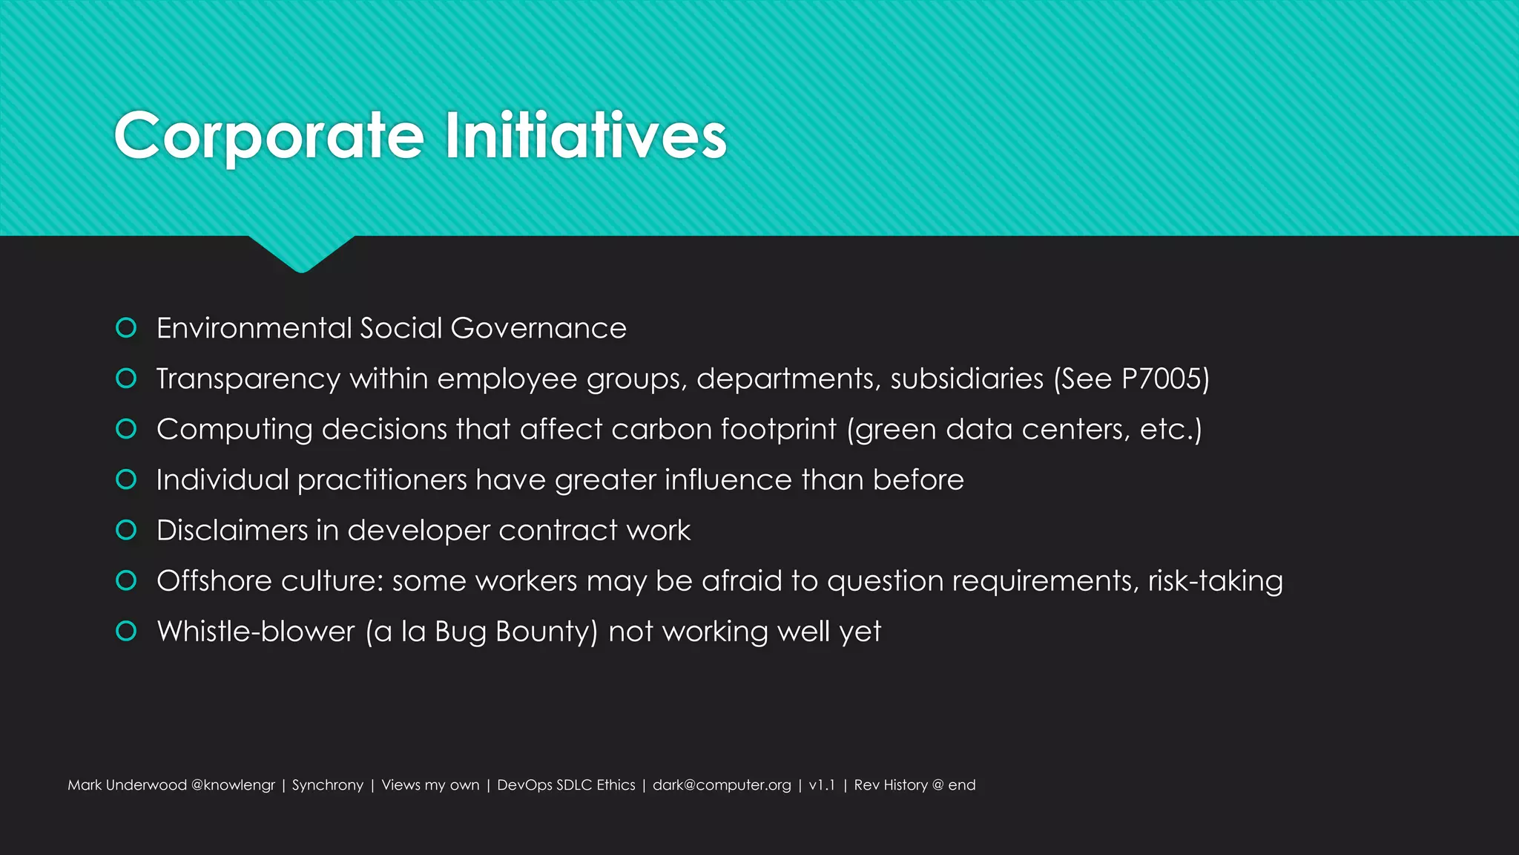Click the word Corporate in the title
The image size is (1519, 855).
click(x=269, y=136)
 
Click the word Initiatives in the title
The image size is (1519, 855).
click(x=585, y=136)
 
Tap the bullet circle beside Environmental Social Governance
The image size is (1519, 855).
click(x=126, y=328)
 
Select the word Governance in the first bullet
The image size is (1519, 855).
click(x=538, y=328)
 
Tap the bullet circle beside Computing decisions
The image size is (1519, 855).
click(x=126, y=429)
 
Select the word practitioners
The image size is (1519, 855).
click(x=382, y=480)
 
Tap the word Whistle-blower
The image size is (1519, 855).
click(x=256, y=632)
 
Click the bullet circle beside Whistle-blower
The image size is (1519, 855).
click(x=126, y=631)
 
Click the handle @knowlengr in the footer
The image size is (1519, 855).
click(x=233, y=785)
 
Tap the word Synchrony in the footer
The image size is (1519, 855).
click(x=327, y=785)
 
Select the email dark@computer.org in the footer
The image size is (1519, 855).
click(x=722, y=785)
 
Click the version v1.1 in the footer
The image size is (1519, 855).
click(x=822, y=785)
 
